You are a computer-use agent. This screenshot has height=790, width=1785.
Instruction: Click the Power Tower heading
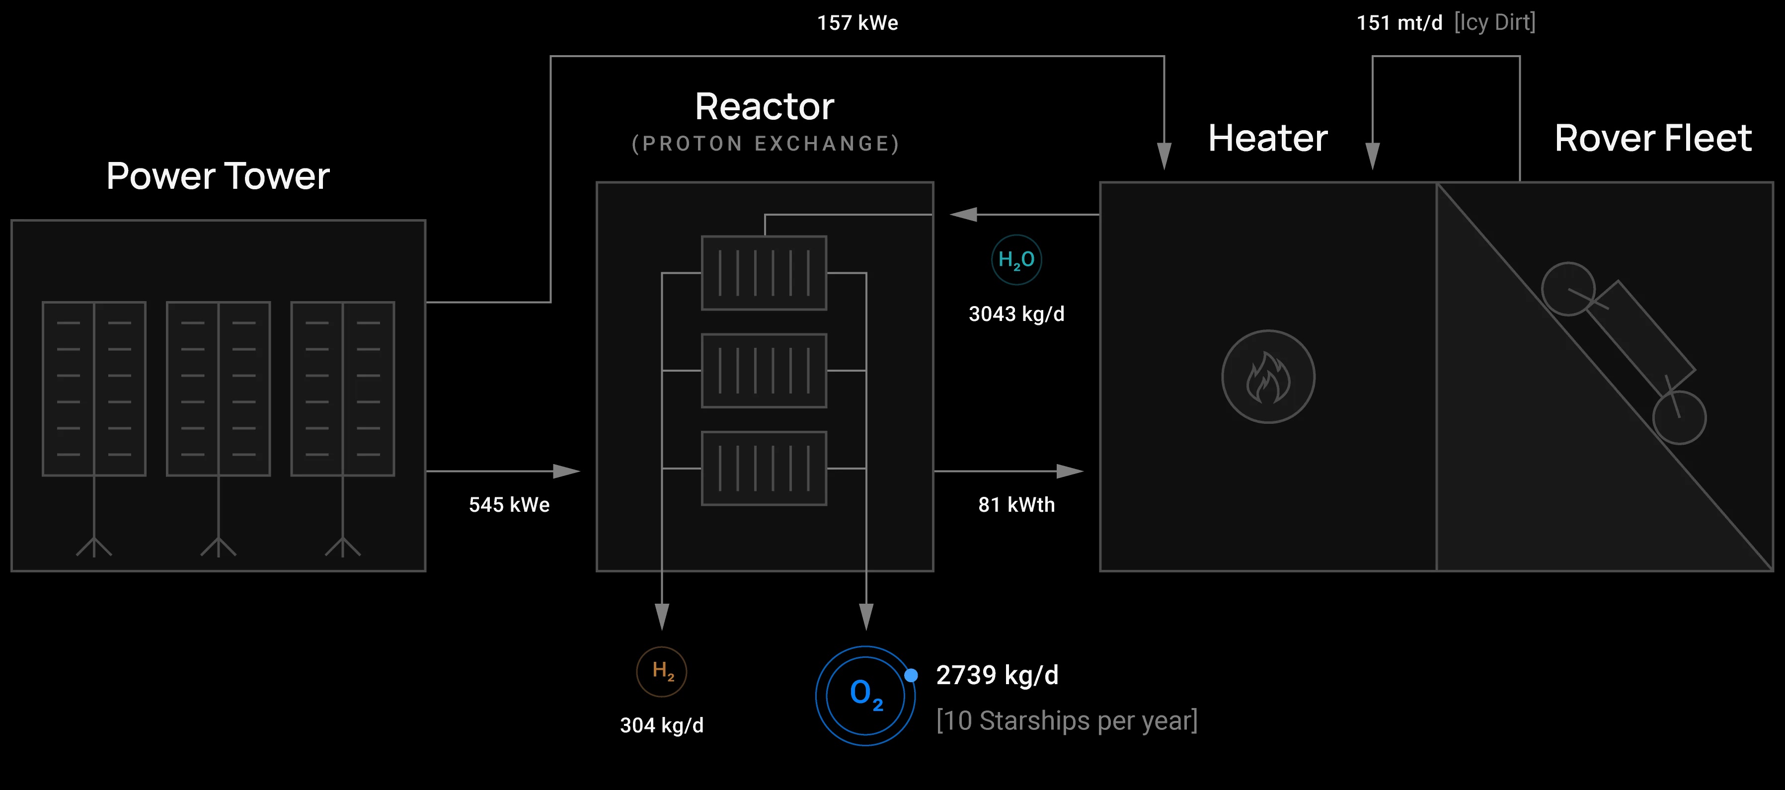tap(218, 176)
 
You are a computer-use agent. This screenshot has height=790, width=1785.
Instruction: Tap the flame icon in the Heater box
tap(1267, 377)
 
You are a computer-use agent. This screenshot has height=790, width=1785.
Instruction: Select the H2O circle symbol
tap(1016, 260)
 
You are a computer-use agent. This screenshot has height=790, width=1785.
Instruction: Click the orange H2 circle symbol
tap(662, 672)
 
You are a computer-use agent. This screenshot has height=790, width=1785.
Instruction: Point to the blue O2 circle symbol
tap(865, 695)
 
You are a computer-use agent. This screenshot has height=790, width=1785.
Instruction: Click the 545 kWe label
tap(509, 504)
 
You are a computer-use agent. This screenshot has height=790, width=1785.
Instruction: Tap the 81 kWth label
tap(1016, 504)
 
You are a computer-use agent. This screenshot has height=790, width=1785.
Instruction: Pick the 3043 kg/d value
tap(1016, 314)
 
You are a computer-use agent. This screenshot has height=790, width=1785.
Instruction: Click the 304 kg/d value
tap(662, 725)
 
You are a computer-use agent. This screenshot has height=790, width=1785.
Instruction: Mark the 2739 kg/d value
tap(997, 675)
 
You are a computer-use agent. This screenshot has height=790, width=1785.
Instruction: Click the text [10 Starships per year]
tap(1067, 721)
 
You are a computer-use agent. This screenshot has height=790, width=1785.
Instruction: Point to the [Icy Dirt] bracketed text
tap(1495, 23)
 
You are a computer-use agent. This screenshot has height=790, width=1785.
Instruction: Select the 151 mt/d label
tap(1399, 23)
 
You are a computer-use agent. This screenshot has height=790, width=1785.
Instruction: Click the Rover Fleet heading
tap(1653, 138)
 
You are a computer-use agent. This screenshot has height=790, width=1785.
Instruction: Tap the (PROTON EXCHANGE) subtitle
tap(765, 144)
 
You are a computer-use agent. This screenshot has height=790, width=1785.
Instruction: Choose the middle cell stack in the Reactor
tap(764, 371)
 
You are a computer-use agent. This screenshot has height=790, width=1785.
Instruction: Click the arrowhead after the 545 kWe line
tap(566, 471)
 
